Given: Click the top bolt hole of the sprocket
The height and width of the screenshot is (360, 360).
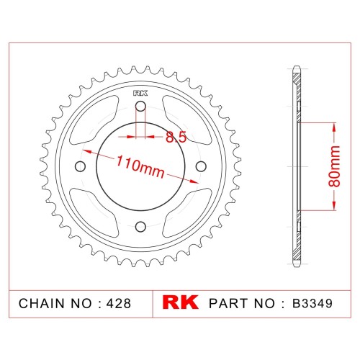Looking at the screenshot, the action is pos(140,106).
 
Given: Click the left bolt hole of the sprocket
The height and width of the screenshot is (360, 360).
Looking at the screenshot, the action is pos(80,166).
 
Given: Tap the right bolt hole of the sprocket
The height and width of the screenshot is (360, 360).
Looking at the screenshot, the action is pos(201,166).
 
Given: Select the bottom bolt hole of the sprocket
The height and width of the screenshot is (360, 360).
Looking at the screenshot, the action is pos(140,227).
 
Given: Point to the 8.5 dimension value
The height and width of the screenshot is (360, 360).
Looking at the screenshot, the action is pos(176,138).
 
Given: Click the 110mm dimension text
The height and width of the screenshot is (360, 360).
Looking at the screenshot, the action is pos(140,166).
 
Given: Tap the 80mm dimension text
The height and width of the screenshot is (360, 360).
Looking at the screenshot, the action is pos(334,166).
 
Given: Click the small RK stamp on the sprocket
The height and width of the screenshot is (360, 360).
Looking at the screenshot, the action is pos(140,93).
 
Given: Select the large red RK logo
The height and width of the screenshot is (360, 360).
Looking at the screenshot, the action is pos(181,302).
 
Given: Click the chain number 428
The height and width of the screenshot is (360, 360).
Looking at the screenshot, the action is pos(119,303).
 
